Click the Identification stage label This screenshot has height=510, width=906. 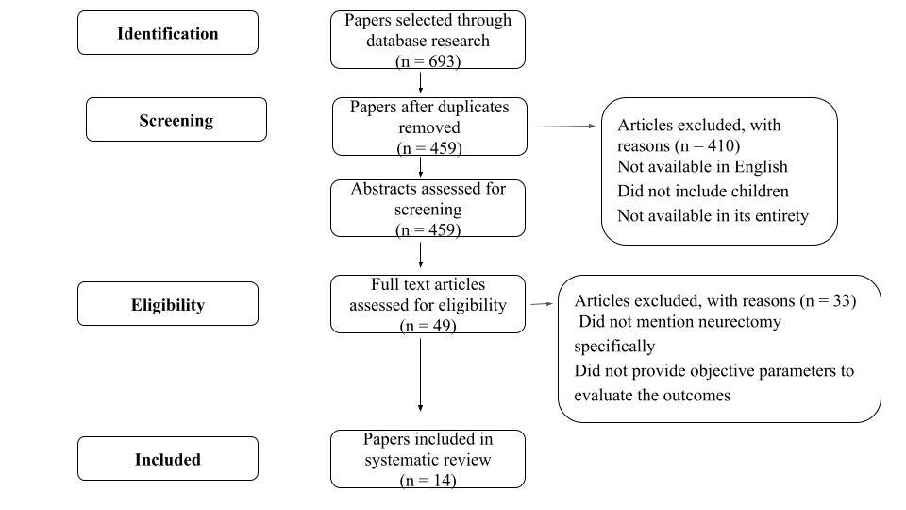coord(168,34)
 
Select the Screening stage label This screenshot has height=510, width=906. coord(176,120)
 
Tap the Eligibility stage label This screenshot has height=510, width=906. coord(168,305)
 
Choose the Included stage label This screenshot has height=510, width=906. coord(168,460)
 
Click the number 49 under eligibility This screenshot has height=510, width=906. coord(442,326)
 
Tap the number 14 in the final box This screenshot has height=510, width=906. coord(442,480)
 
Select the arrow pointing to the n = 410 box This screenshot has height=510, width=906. coord(564,126)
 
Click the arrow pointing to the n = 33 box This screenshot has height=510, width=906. coord(542,303)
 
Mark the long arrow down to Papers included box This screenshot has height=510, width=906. coord(420,375)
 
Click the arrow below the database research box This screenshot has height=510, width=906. coord(420,83)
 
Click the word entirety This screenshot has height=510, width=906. coord(780,215)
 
